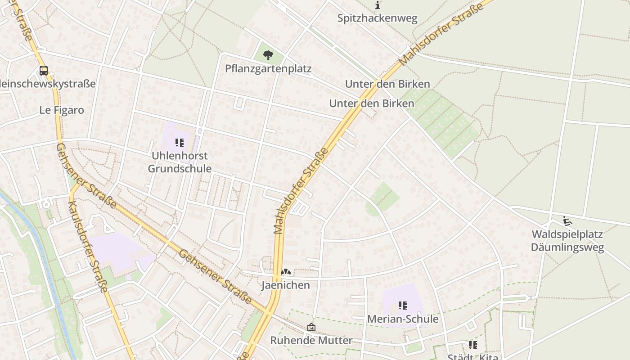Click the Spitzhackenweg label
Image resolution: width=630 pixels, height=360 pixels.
point(378,18)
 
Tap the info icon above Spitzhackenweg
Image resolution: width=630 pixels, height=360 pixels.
point(378,5)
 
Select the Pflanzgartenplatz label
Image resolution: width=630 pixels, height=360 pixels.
point(268,69)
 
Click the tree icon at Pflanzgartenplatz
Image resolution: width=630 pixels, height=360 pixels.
point(268,55)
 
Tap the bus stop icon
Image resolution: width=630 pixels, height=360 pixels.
point(44,71)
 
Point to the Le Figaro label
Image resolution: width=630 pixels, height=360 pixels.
point(62,110)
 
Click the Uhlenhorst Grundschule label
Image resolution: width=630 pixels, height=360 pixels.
point(180,162)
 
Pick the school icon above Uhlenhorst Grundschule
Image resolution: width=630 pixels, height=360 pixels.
point(180,143)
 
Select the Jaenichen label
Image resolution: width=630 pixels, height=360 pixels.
point(286,285)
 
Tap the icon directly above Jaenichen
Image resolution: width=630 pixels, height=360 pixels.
point(285,272)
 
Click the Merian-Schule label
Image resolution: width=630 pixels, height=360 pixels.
point(403,319)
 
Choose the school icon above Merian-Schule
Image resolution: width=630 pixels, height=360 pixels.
point(403,306)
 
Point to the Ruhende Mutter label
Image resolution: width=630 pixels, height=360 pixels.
point(311,341)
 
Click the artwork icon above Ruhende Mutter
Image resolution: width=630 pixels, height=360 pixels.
point(311,327)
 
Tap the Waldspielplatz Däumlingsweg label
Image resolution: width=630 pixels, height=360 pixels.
point(567,241)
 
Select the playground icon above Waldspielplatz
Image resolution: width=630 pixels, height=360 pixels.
point(567,221)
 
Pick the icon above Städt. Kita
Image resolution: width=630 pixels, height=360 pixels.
point(472,345)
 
